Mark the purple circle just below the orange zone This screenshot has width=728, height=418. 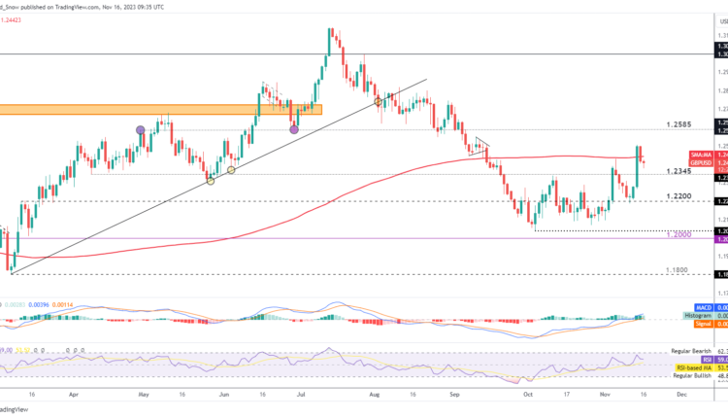[x=294, y=127]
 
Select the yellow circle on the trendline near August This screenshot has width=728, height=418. [x=379, y=100]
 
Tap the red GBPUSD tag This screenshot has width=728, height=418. [x=701, y=162]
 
